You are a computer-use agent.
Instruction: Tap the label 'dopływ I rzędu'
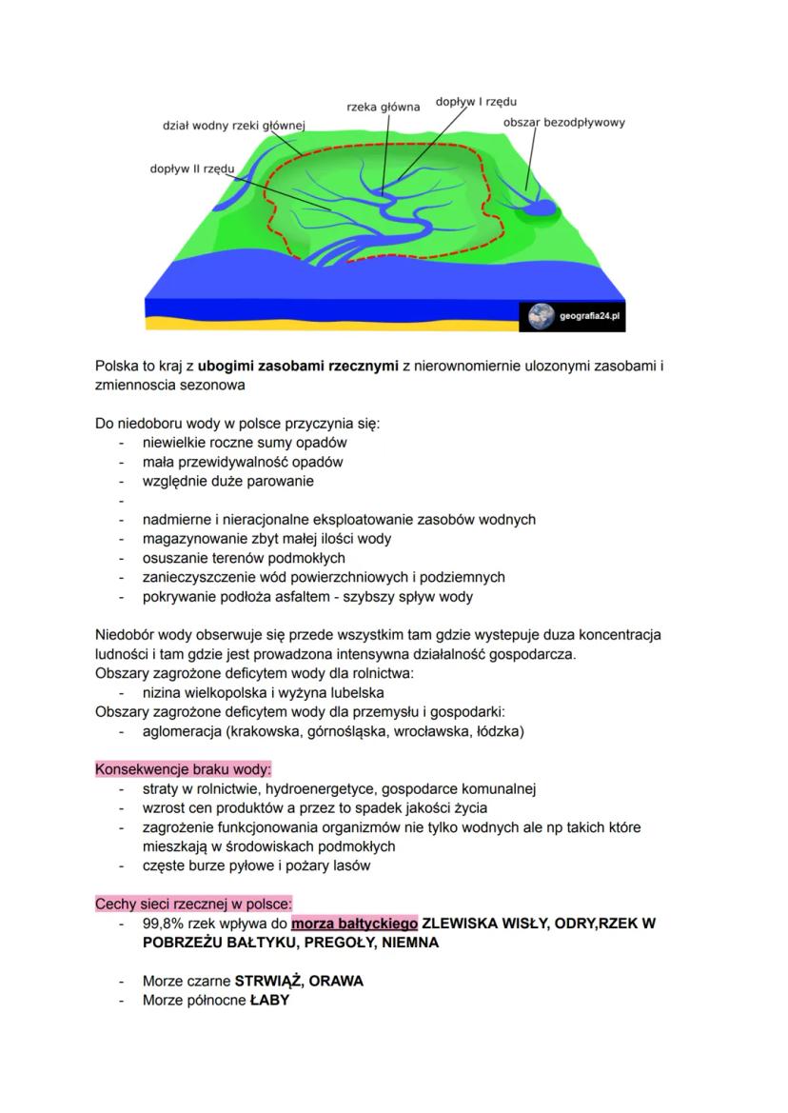click(x=477, y=100)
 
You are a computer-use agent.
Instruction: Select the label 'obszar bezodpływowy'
click(x=563, y=123)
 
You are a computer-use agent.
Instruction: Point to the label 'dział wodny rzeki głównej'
click(x=233, y=125)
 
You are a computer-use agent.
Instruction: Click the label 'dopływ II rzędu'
click(x=191, y=169)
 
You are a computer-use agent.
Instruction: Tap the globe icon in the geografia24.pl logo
click(x=541, y=315)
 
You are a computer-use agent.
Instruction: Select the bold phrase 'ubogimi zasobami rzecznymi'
click(x=298, y=366)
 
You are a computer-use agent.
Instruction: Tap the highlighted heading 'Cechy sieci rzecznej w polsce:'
click(x=194, y=904)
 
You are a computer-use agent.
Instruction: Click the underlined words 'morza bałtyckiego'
click(x=354, y=923)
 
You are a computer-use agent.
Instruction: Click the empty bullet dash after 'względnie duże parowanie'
click(x=122, y=501)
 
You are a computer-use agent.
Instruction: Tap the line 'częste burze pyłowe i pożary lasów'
click(x=256, y=865)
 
